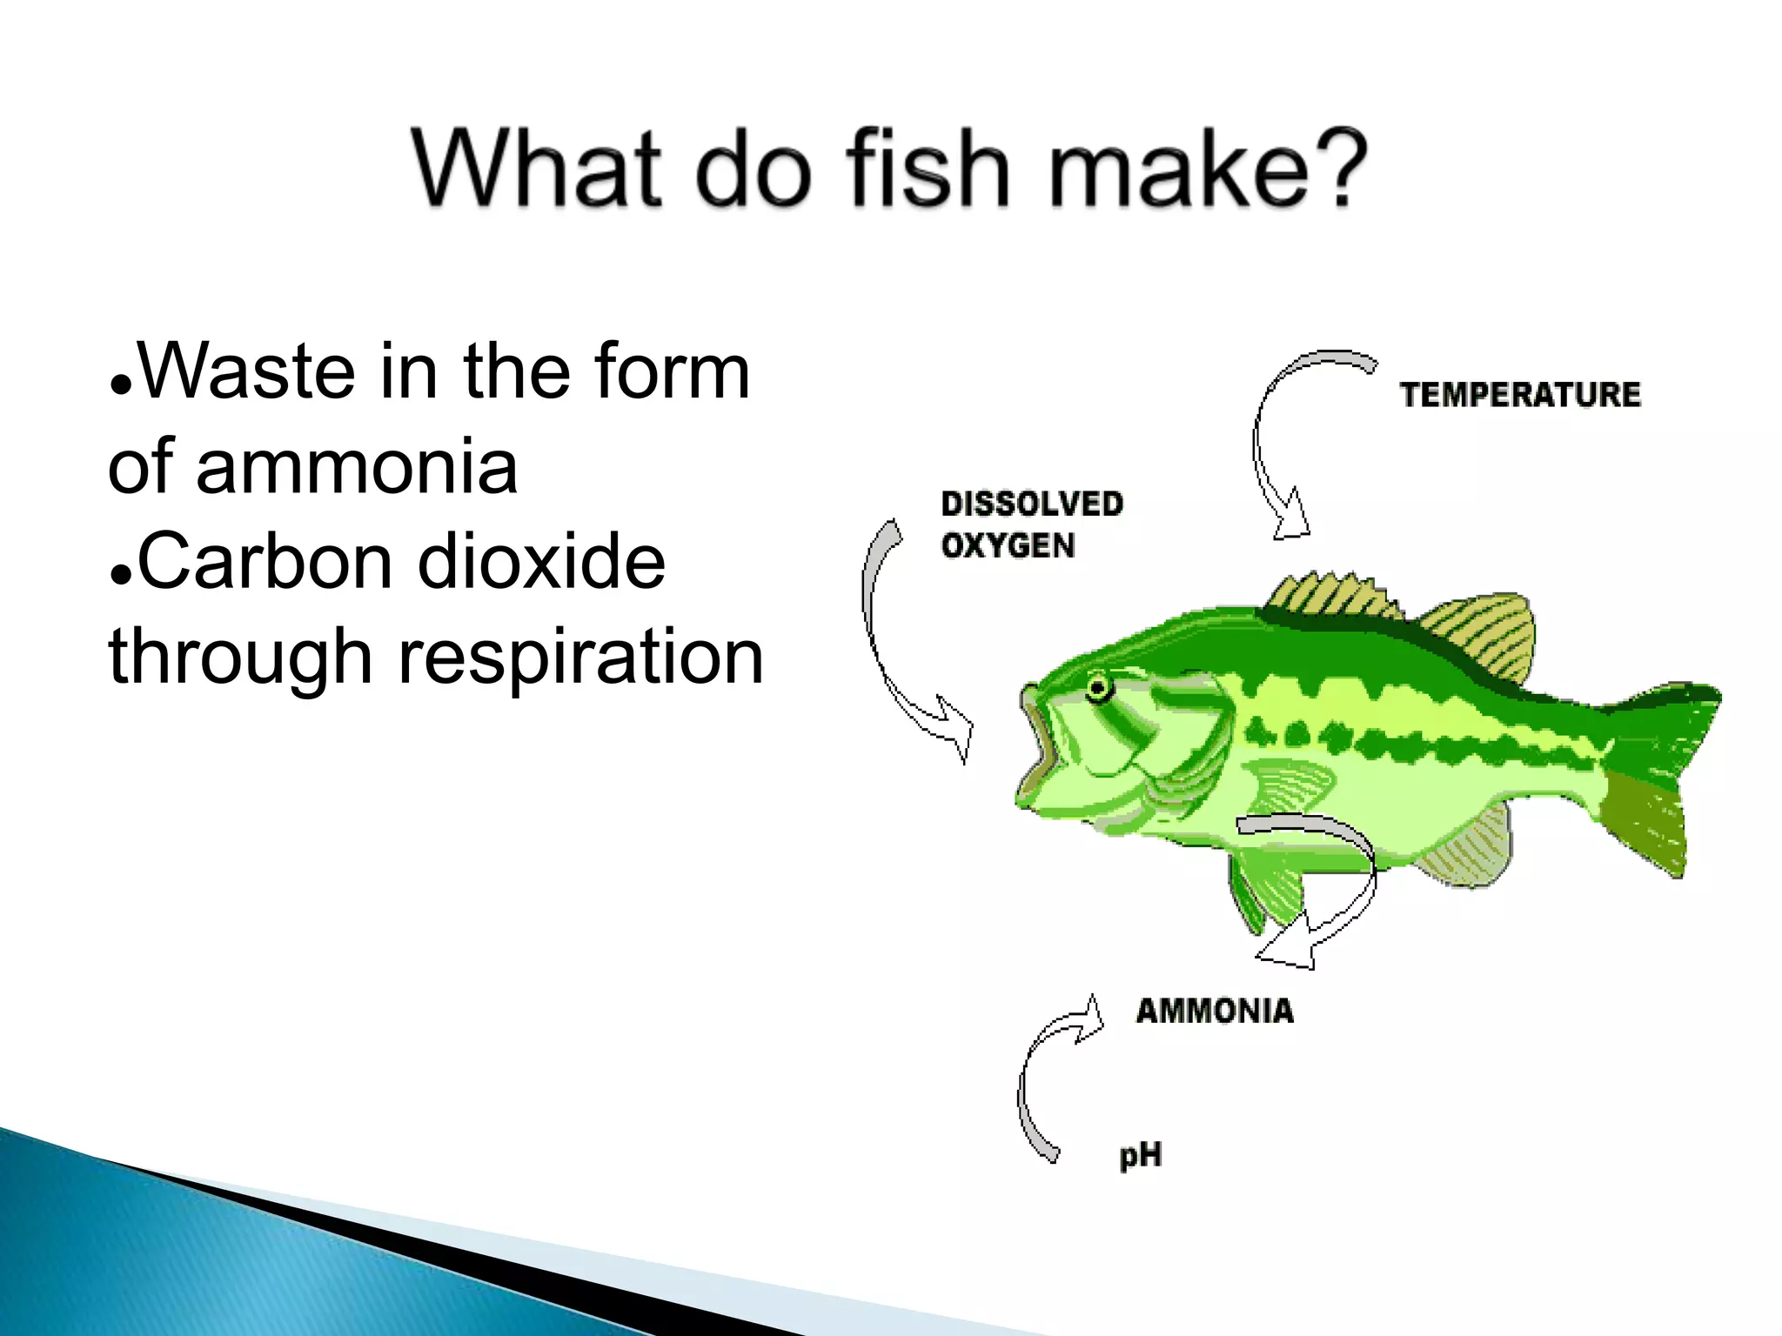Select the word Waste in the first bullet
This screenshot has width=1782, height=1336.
pos(246,372)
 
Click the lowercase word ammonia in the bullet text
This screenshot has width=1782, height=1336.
pos(357,468)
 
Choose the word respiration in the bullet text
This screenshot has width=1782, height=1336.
pos(580,658)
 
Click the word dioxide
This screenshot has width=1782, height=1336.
pos(541,562)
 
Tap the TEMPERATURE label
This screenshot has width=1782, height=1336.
pos(1519,395)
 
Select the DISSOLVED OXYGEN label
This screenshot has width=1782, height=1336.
pos(1031,524)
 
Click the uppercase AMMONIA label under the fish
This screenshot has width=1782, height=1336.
pos(1215,1011)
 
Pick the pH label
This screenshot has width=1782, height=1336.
pos(1140,1156)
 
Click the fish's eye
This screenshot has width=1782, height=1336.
pos(1099,689)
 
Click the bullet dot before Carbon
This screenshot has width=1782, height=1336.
pos(121,576)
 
